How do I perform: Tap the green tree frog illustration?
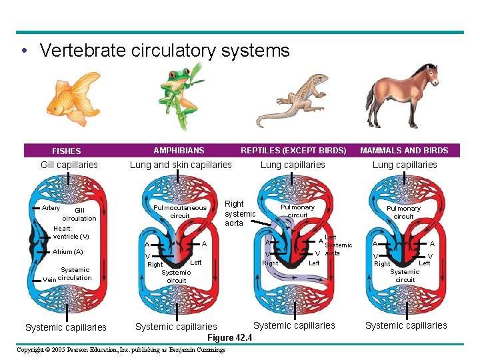[180, 93]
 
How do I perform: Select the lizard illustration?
[293, 100]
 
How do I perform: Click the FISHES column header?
[66, 151]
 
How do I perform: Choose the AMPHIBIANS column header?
[179, 151]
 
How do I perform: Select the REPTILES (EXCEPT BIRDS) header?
[293, 151]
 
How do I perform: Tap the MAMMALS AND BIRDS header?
[405, 151]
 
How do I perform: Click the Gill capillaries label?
[69, 165]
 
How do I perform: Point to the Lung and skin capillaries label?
[181, 165]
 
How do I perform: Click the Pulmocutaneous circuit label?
[180, 212]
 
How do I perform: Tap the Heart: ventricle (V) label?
[71, 233]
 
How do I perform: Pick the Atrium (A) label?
[68, 252]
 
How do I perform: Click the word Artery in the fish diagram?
[51, 208]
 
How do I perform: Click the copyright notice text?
[121, 350]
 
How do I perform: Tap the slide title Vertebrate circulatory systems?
[165, 51]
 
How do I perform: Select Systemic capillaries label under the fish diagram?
[65, 327]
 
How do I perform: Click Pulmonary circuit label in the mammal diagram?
[403, 212]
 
